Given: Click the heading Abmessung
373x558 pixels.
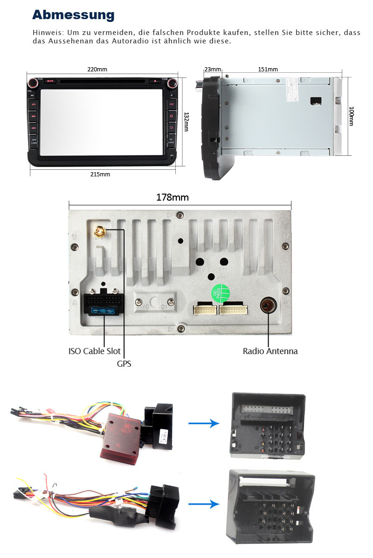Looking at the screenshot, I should pyautogui.click(x=73, y=15).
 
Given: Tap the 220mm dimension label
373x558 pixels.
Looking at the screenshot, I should pyautogui.click(x=97, y=70).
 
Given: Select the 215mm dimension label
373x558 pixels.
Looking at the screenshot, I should pyautogui.click(x=100, y=174).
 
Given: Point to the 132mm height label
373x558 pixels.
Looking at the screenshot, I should pyautogui.click(x=186, y=121).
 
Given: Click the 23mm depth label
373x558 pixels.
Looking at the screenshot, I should pyautogui.click(x=213, y=70).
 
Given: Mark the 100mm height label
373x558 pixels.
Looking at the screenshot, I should pyautogui.click(x=352, y=117).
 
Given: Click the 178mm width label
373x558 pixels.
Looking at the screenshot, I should pyautogui.click(x=172, y=197).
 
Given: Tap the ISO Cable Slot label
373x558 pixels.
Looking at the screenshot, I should pyautogui.click(x=94, y=351).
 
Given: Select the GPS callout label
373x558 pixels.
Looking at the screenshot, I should pyautogui.click(x=124, y=363).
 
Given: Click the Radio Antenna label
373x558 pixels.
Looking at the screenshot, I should pyautogui.click(x=270, y=351).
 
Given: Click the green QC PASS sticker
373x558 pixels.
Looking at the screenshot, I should pyautogui.click(x=221, y=293).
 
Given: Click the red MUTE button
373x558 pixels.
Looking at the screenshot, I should pyautogui.click(x=50, y=81).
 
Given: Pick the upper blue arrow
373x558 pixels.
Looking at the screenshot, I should pyautogui.click(x=204, y=423).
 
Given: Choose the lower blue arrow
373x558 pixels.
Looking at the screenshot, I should pyautogui.click(x=204, y=504).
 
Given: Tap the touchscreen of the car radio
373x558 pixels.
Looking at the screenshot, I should pyautogui.click(x=103, y=122).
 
